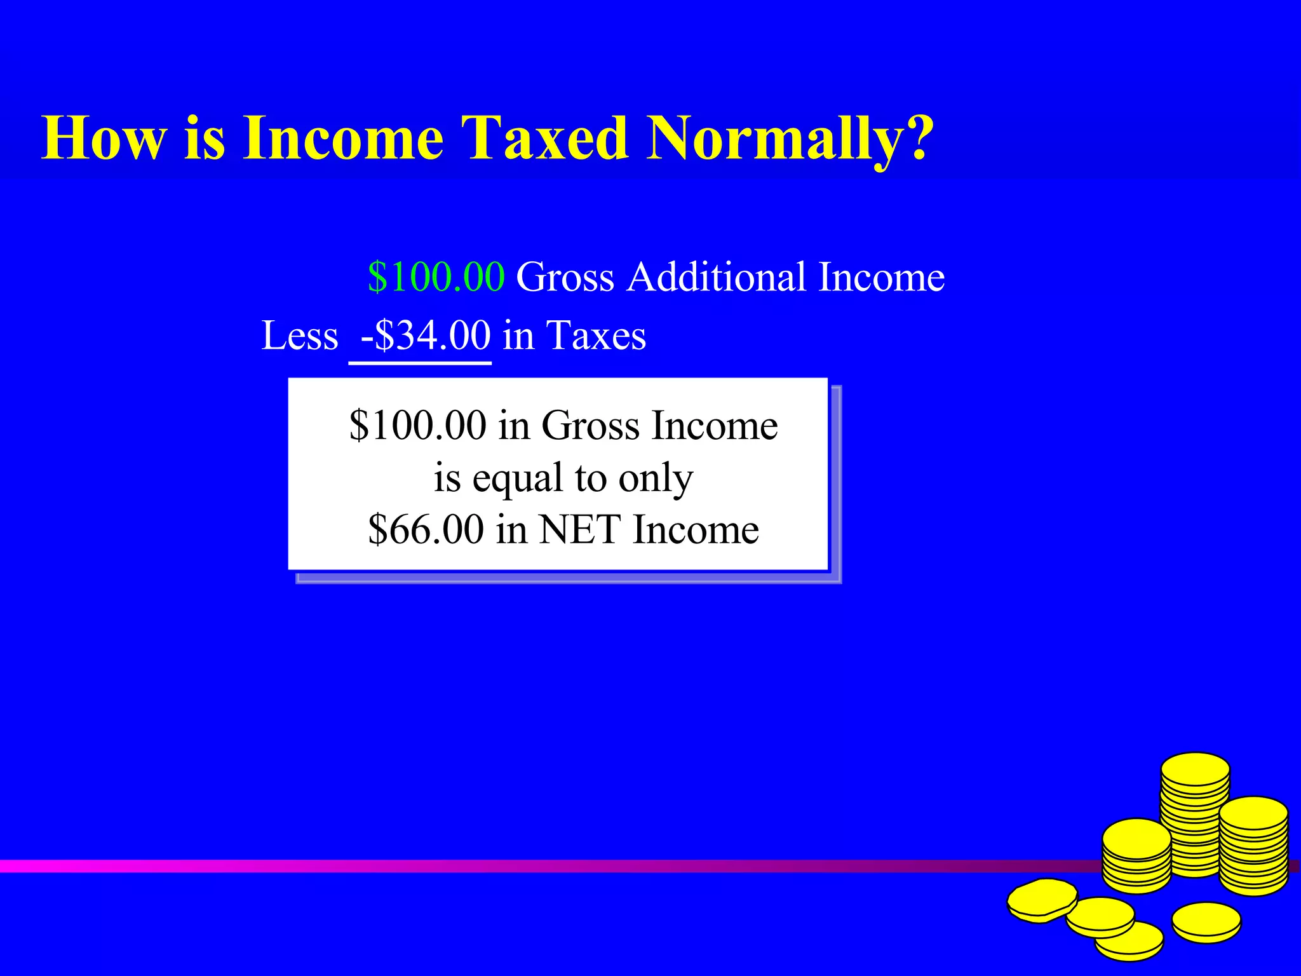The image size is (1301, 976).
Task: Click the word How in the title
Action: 104,138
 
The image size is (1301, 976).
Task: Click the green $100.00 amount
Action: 436,277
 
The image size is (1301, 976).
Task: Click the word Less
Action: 300,335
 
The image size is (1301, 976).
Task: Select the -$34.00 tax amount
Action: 425,335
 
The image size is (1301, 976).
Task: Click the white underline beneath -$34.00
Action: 420,363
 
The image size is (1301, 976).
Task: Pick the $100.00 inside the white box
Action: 417,425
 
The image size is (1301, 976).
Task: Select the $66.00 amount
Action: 426,529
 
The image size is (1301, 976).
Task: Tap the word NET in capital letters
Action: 579,529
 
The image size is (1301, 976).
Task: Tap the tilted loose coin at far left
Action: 1042,899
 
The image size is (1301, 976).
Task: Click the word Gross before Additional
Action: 565,277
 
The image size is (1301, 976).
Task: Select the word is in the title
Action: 205,138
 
